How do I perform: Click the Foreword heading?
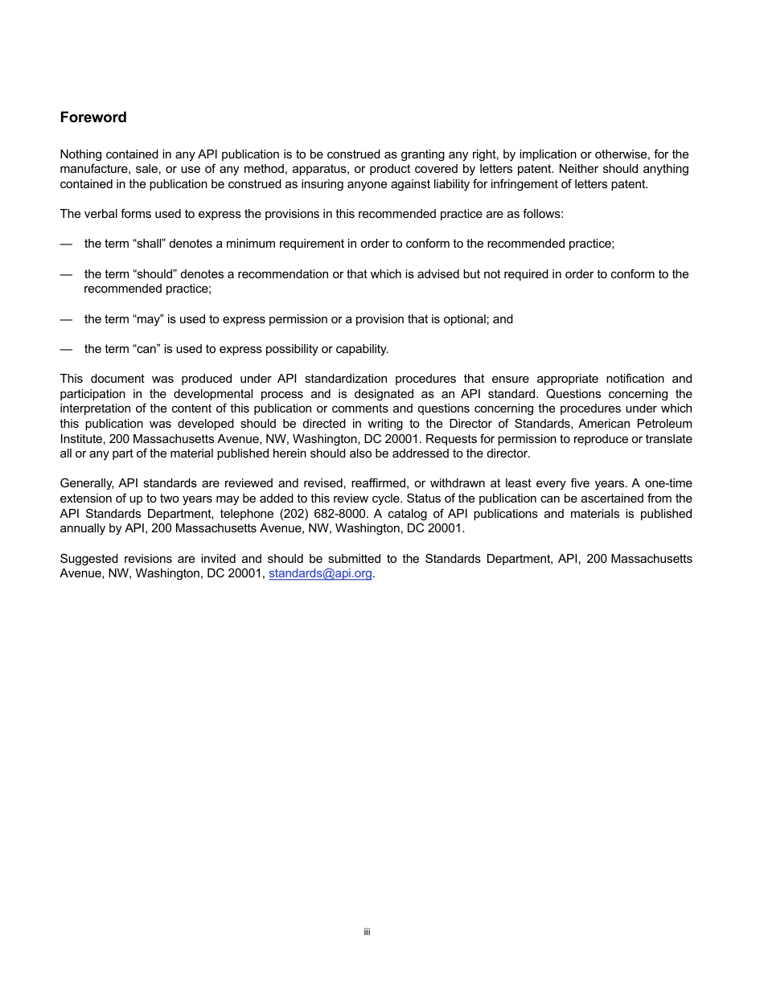pos(93,117)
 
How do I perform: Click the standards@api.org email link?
pos(320,574)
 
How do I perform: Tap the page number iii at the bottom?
pos(367,932)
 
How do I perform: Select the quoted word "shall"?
pos(147,244)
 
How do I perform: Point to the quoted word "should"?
pos(153,274)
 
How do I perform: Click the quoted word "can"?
pos(146,349)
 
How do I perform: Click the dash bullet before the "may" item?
pos(66,319)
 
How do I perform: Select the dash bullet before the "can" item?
pos(66,349)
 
